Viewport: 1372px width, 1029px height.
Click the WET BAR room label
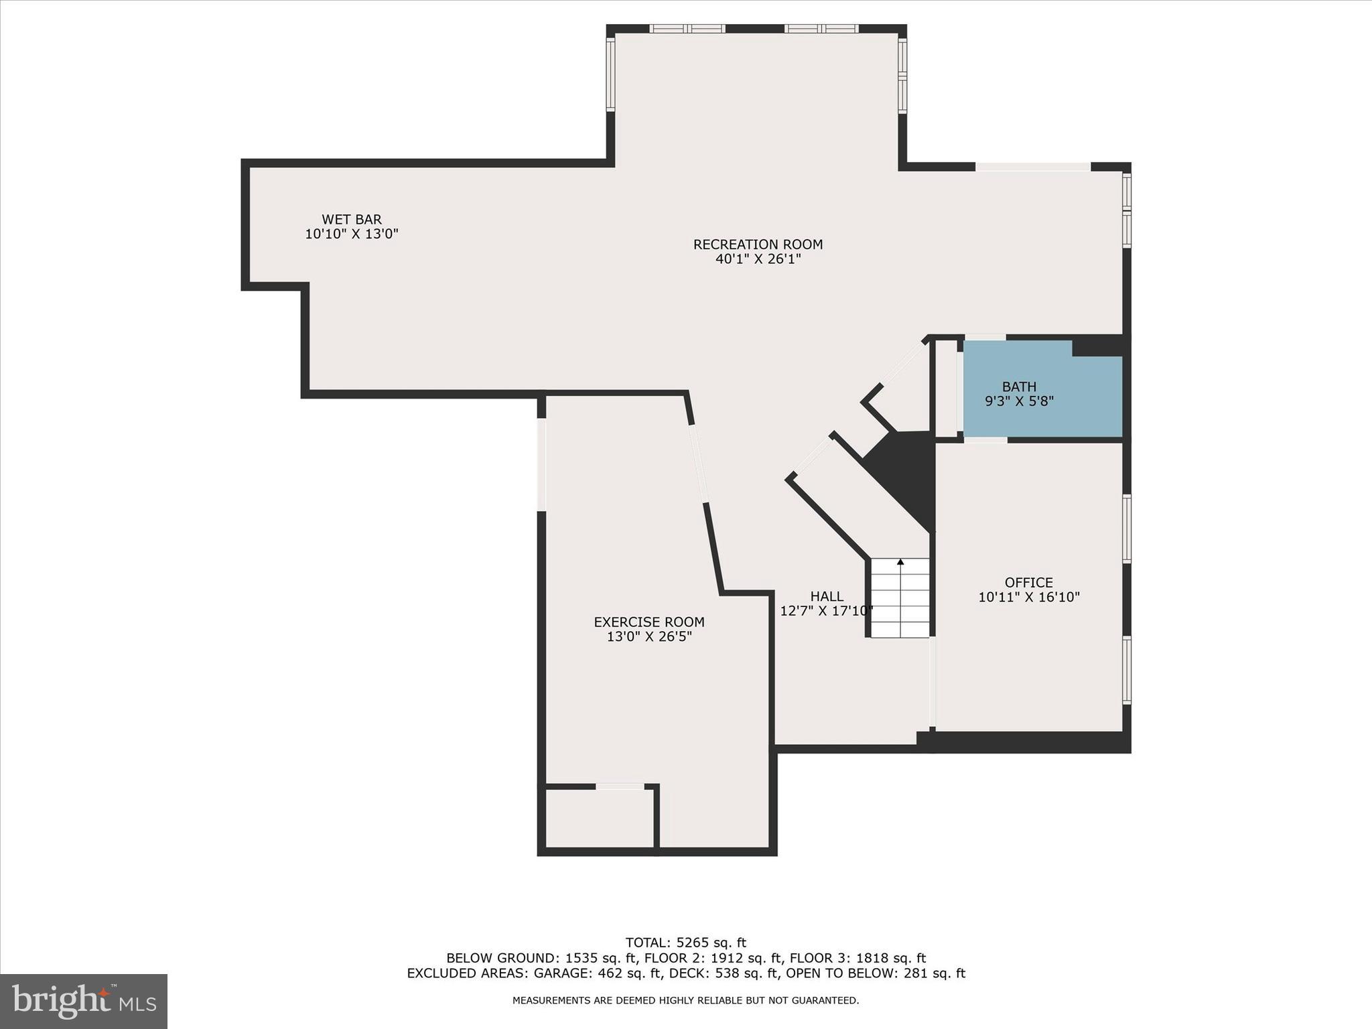pos(351,219)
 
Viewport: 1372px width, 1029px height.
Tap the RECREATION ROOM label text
pos(758,245)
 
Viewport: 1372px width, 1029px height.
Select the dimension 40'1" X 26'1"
pos(758,259)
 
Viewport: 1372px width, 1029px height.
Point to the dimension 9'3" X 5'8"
pos(1019,401)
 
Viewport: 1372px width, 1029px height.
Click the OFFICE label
pos(1028,582)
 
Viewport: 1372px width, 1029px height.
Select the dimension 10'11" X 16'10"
pos(1028,597)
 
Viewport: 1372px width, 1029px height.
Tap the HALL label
pos(827,596)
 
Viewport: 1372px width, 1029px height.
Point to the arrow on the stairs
pos(900,562)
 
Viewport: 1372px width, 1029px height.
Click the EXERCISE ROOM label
pos(648,622)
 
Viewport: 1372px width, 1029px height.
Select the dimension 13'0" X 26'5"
pos(648,636)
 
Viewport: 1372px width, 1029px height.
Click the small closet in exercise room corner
pos(600,818)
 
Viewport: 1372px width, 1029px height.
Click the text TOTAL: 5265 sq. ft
pos(685,943)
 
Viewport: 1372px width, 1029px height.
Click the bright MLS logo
pos(84,1002)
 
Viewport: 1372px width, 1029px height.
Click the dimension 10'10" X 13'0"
pos(351,234)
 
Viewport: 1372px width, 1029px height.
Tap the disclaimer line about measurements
pos(685,1000)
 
